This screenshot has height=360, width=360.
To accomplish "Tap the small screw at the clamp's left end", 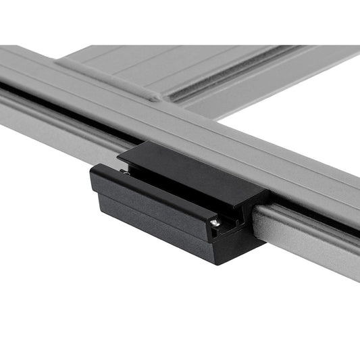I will point(127,172).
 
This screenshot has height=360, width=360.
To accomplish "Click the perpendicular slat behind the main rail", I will point(203,64).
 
